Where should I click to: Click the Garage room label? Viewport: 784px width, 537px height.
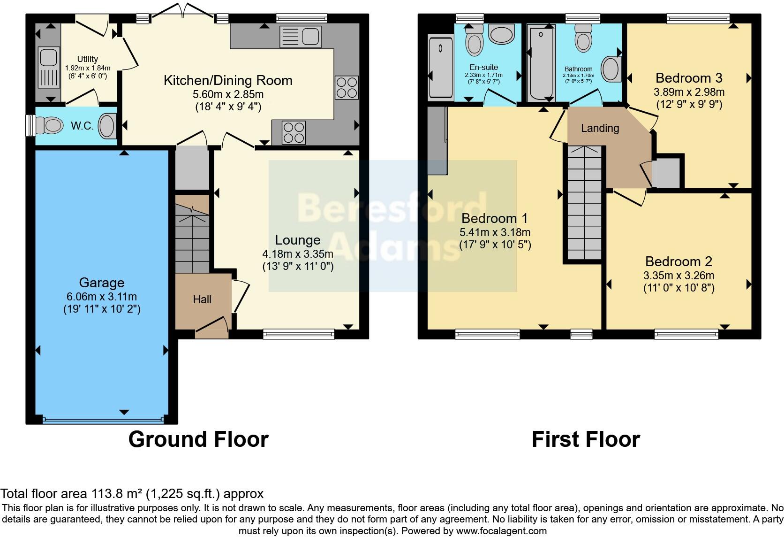click(x=102, y=282)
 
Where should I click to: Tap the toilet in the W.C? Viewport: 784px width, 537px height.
click(x=49, y=125)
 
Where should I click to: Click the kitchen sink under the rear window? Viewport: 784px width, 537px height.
click(x=301, y=37)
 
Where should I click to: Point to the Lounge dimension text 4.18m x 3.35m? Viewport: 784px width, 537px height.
click(x=298, y=253)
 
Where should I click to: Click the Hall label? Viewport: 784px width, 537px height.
click(x=202, y=299)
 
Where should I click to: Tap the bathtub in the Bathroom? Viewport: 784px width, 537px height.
click(x=541, y=64)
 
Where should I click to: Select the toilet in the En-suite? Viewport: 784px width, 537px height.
click(x=474, y=41)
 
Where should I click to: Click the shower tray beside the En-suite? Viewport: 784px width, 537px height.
click(x=441, y=67)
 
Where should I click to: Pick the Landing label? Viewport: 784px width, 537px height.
click(x=600, y=128)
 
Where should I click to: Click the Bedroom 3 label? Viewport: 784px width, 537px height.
click(x=689, y=78)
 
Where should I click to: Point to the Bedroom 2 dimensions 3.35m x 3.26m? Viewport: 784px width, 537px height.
click(x=678, y=276)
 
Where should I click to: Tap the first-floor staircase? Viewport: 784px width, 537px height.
click(x=585, y=203)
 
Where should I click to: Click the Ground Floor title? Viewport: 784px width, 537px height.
click(x=198, y=439)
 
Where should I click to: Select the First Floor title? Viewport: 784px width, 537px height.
click(x=586, y=439)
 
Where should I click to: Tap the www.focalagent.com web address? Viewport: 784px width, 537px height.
click(x=501, y=531)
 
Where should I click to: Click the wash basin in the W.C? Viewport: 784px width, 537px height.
click(x=107, y=125)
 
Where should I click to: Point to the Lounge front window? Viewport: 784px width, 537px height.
click(x=299, y=334)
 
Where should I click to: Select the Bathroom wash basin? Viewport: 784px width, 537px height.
click(x=611, y=69)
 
